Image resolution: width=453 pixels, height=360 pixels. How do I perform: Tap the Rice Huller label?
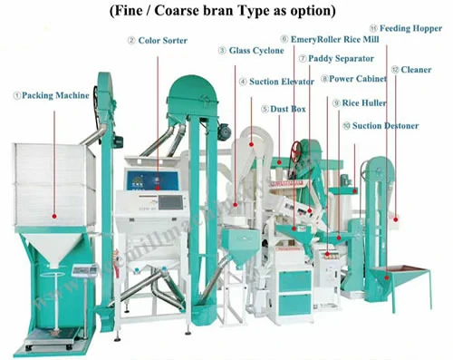[368, 103]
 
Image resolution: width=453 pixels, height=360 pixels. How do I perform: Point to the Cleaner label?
[416, 69]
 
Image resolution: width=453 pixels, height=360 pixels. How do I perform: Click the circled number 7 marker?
[303, 59]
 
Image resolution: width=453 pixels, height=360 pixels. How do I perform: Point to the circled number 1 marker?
[16, 93]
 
